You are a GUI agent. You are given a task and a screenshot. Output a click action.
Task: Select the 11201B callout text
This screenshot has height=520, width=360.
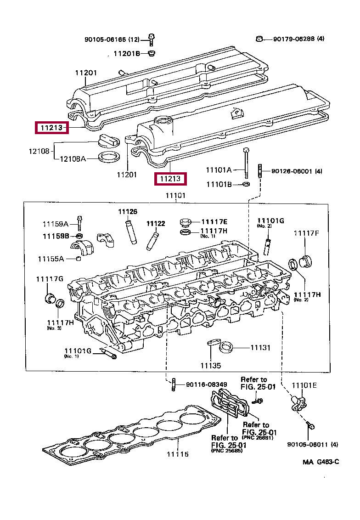126,54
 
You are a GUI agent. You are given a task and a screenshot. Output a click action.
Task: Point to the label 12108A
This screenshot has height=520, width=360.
73,159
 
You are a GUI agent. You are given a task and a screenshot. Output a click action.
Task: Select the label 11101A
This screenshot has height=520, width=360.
219,170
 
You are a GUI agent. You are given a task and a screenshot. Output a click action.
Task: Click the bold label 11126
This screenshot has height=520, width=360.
127,212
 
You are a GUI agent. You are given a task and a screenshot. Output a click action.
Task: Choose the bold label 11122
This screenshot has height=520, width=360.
155,224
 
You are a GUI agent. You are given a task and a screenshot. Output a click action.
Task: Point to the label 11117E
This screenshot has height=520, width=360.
214,222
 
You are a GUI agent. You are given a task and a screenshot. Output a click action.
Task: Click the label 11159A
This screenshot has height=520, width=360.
56,224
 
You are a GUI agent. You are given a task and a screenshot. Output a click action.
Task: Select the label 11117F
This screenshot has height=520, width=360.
306,233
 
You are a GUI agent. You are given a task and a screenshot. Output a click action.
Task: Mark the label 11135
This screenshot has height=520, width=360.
210,366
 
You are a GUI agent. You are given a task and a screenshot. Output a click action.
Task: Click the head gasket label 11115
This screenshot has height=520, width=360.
177,454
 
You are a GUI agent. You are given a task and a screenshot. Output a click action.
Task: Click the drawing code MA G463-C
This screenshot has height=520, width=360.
321,462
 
